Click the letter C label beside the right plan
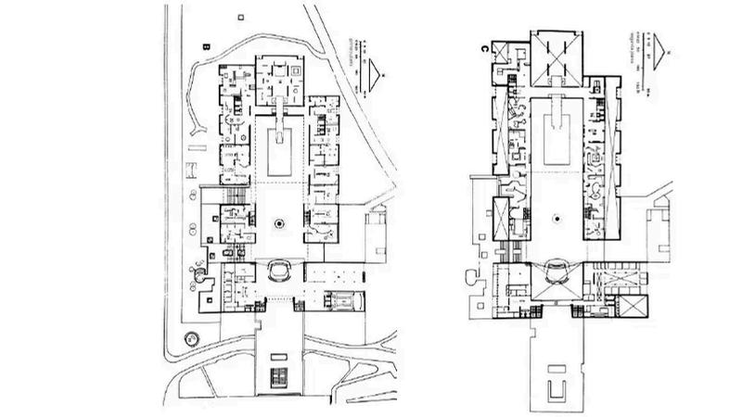(x=487, y=44)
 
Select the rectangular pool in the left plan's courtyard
(x=281, y=151)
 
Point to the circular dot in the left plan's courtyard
(x=280, y=222)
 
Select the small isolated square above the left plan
(x=242, y=16)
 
